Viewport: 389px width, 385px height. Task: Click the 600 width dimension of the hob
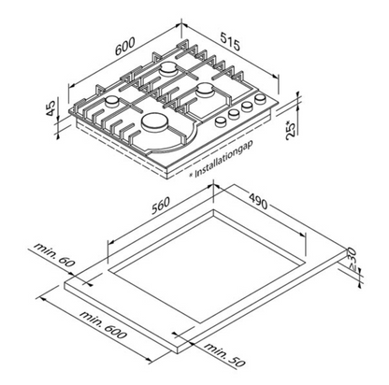coord(124,47)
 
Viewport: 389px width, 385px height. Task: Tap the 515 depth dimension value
coord(231,41)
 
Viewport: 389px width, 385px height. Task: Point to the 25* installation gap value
coord(291,130)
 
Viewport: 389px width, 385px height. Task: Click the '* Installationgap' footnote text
coord(222,159)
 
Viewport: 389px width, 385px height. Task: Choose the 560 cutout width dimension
coord(161,206)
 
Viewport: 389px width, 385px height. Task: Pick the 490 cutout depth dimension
coord(258,201)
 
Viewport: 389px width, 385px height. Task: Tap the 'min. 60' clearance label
coord(54,254)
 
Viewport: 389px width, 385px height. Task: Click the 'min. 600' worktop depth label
coord(103,324)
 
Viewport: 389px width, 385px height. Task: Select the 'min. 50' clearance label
coord(225,354)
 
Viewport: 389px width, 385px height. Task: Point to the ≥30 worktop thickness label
coord(351,255)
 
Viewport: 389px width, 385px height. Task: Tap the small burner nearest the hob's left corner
coord(112,102)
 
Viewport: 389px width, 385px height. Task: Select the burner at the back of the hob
coord(168,69)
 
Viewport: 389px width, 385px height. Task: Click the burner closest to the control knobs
coord(205,89)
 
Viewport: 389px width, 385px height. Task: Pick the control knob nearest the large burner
coord(221,121)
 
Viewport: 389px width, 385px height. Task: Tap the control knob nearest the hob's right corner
coord(260,100)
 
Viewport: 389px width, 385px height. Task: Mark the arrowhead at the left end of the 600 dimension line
coord(71,85)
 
